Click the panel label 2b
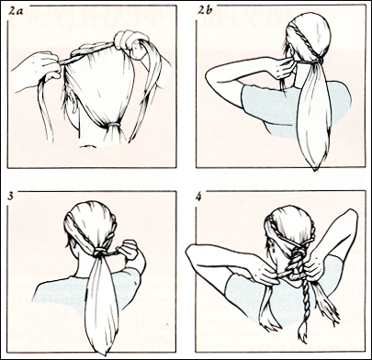[204, 10]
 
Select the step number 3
[11, 196]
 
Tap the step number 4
[199, 197]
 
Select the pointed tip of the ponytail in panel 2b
[315, 168]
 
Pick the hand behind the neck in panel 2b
[281, 67]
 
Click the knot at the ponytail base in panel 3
[98, 252]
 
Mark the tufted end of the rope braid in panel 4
[303, 332]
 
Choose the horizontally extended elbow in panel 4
[191, 253]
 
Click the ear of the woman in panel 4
[272, 249]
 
